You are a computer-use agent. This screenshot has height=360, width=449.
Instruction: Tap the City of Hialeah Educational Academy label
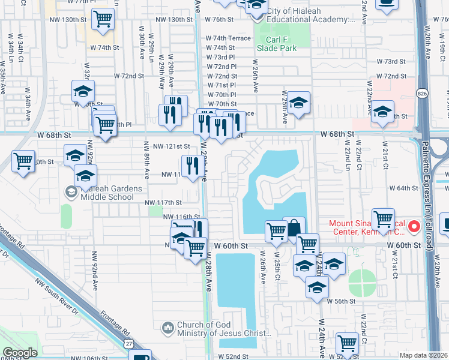(x=310, y=16)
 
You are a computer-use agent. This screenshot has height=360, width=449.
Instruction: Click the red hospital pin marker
(x=414, y=227)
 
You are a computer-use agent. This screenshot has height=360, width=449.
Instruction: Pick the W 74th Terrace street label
(x=228, y=38)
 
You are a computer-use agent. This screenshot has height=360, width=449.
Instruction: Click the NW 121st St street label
(x=171, y=146)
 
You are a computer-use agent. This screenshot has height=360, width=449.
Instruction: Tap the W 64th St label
(x=403, y=188)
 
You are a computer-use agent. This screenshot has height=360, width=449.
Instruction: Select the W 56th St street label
(x=346, y=301)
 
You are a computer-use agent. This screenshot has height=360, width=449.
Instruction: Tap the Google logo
(x=20, y=352)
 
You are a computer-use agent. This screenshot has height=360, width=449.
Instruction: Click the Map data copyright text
(x=423, y=355)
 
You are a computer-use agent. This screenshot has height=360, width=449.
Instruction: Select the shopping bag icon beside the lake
(x=294, y=229)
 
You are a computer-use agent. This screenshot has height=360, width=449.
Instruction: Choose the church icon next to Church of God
(x=167, y=328)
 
